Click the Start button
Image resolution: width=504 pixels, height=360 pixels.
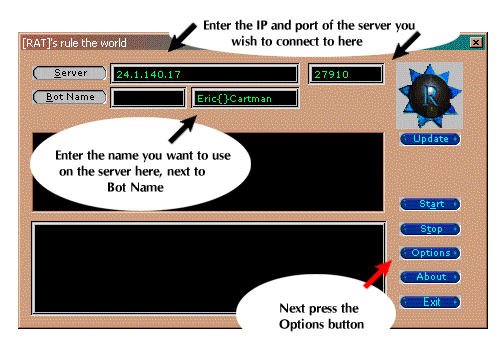pyautogui.click(x=431, y=204)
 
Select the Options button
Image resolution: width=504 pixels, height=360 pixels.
pyautogui.click(x=431, y=252)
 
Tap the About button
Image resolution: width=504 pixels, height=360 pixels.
pyautogui.click(x=431, y=277)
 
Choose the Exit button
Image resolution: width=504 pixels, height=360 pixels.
pyautogui.click(x=431, y=301)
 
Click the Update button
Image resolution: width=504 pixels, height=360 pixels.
pyautogui.click(x=430, y=139)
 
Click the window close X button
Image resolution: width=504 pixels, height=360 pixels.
pyautogui.click(x=475, y=43)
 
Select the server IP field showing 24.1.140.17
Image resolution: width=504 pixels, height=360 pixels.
pyautogui.click(x=205, y=74)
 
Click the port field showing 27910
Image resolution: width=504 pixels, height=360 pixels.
pyautogui.click(x=346, y=74)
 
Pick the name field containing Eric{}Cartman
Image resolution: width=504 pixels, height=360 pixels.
pyautogui.click(x=245, y=98)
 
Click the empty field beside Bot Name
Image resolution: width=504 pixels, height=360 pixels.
pyautogui.click(x=148, y=98)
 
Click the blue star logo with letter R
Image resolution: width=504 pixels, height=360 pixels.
pyautogui.click(x=430, y=97)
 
